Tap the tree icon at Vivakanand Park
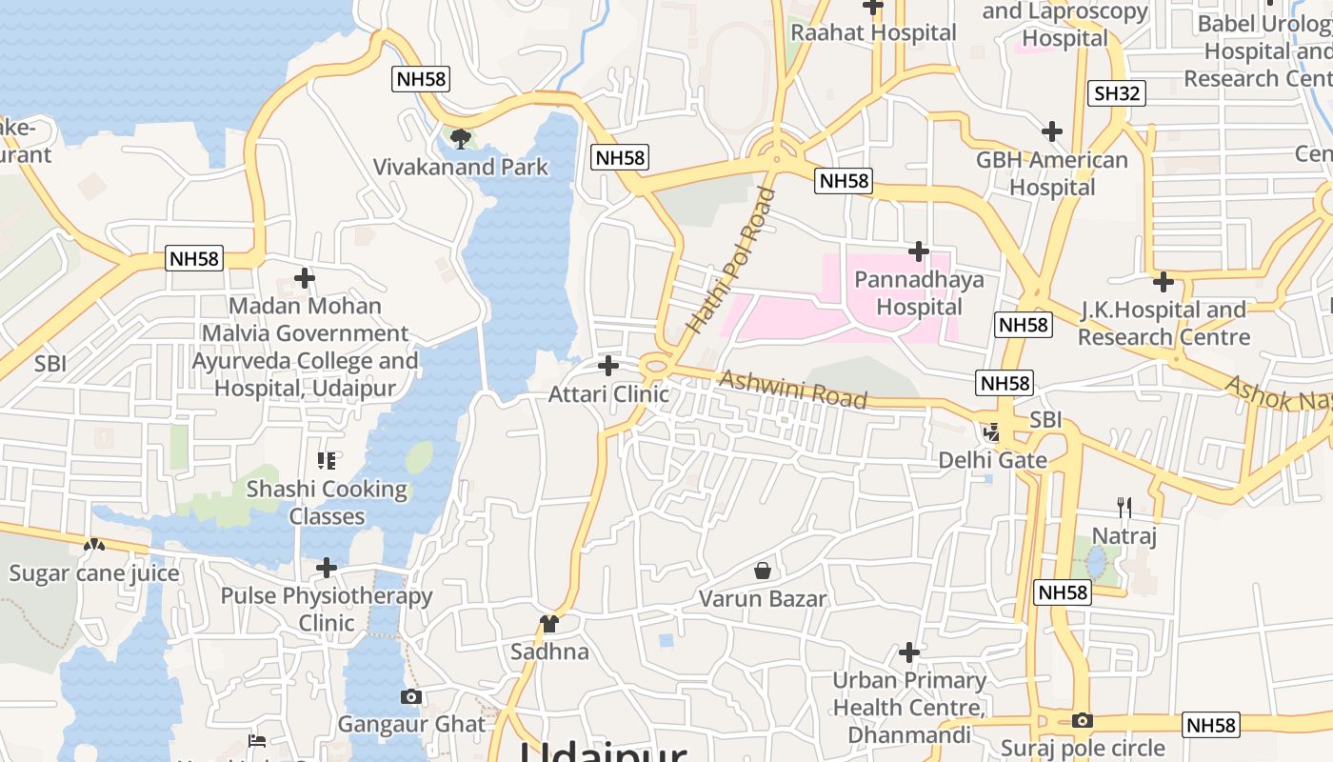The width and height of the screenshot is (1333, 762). click(x=461, y=139)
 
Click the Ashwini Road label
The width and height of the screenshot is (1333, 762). click(x=793, y=388)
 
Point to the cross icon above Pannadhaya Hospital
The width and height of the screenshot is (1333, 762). click(x=919, y=251)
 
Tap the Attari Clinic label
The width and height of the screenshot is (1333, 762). click(x=608, y=393)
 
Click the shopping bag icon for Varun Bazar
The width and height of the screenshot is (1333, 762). click(x=763, y=571)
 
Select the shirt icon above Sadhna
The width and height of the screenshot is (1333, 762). click(x=549, y=624)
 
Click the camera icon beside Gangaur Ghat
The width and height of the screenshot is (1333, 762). click(x=411, y=696)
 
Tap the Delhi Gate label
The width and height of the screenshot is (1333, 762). click(x=992, y=460)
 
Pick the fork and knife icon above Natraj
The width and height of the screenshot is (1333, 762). click(x=1124, y=508)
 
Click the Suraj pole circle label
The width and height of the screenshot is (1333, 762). click(x=1083, y=748)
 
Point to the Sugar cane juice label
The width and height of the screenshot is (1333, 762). click(x=93, y=573)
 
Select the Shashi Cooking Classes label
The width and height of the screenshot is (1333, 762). click(x=327, y=503)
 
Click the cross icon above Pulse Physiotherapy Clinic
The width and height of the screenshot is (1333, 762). click(x=327, y=569)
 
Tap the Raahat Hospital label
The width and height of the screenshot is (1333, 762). click(x=873, y=32)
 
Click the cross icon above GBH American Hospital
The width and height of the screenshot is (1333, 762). click(x=1052, y=131)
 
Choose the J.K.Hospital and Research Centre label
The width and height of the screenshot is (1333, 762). click(x=1163, y=323)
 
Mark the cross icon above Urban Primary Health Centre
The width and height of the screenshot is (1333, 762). click(x=909, y=652)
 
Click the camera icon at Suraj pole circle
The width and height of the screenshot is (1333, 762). click(x=1083, y=721)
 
